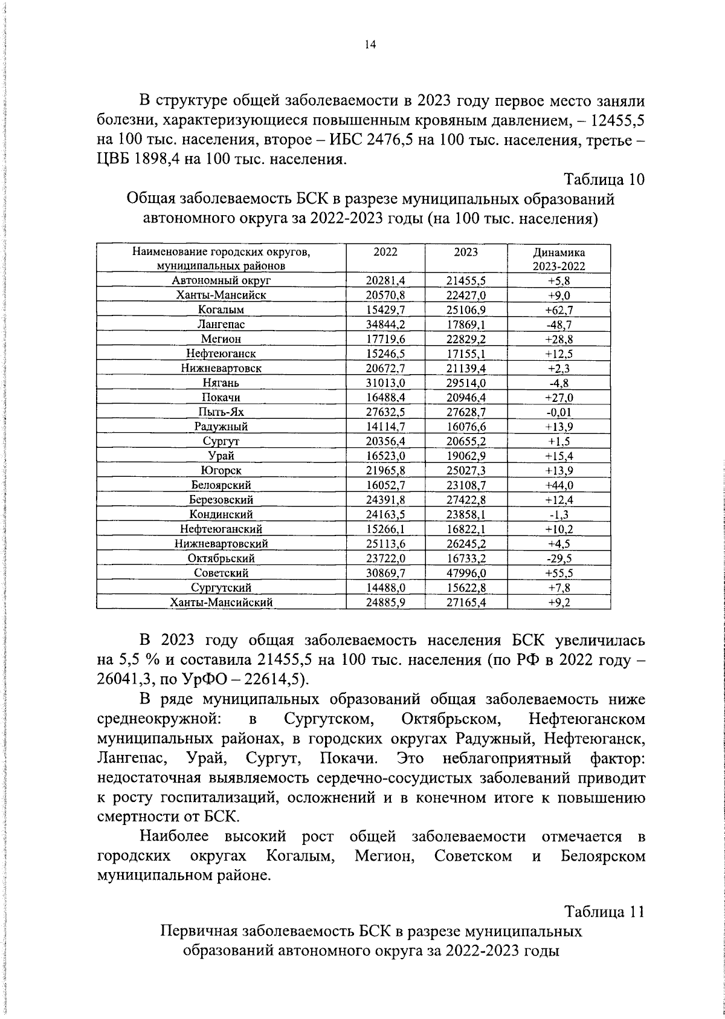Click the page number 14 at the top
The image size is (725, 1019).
coord(370,45)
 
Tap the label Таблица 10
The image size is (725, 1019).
coord(604,180)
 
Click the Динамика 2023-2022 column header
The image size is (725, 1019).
coord(559,259)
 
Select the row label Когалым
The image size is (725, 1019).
coord(221,310)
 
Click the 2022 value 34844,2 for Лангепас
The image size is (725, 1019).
coord(385,325)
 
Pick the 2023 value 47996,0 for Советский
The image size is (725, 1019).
coord(466,573)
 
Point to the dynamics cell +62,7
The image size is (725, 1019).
coord(559,310)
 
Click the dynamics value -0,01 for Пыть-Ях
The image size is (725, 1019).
coord(559,412)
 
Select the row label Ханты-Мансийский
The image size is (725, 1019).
coord(221,603)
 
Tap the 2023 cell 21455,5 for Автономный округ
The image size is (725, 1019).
coord(466,280)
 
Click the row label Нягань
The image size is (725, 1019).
coord(221,383)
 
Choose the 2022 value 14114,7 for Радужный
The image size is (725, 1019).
coord(385,427)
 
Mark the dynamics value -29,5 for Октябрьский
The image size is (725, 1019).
coord(559,558)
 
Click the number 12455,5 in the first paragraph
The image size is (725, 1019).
coord(617,120)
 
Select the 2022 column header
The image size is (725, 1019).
coord(385,252)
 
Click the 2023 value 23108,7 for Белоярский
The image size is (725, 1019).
coord(466,485)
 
